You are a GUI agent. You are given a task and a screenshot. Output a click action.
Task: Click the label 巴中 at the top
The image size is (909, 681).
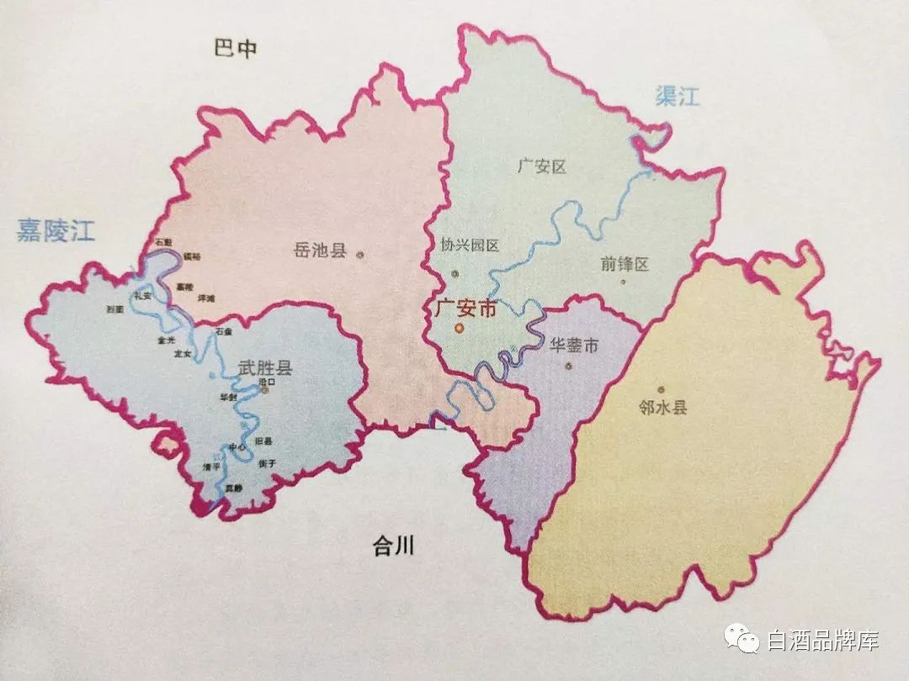coord(235,49)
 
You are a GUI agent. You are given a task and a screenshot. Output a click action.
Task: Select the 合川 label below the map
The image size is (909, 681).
coord(394,548)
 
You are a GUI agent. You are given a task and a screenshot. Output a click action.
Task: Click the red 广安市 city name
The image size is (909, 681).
coord(465,308)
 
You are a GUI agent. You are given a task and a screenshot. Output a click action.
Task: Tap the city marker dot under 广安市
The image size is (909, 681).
coord(459,329)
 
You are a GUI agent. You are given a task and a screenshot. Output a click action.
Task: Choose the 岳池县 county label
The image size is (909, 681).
coord(320,250)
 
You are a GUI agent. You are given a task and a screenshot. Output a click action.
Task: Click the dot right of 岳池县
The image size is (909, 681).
coord(360,254)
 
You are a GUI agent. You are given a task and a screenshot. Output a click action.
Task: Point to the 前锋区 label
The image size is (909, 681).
coord(625,264)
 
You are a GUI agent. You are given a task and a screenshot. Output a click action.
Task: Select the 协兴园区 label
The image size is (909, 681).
coord(470,245)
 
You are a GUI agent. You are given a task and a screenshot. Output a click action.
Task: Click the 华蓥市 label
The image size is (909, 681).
coord(574,346)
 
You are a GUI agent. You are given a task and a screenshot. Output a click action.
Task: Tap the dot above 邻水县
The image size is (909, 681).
coord(661,389)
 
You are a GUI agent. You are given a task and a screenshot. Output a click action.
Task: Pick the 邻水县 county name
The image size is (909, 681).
coord(663,408)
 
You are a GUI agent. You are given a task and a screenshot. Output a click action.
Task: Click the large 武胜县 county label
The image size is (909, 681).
coord(264,367)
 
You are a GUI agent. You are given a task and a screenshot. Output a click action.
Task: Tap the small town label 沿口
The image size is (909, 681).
coord(268,381)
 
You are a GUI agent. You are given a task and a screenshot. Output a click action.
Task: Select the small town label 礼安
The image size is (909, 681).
coord(142,295)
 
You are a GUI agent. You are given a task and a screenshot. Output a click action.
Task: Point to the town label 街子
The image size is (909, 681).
coord(268,463)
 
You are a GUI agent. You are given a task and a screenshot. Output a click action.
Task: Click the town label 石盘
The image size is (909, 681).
coord(223,333)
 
